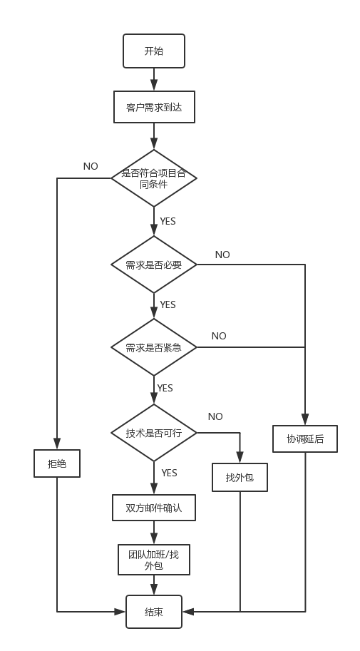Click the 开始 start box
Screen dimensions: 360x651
click(154, 51)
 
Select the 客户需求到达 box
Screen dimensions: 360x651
click(154, 107)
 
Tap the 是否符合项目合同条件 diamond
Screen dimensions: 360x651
click(154, 178)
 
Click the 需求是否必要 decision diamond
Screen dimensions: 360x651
click(154, 265)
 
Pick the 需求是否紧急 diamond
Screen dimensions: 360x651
click(154, 347)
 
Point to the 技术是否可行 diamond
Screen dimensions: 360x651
click(154, 433)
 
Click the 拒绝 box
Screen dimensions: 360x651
click(57, 463)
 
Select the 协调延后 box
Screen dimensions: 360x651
click(305, 439)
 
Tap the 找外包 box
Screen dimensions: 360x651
click(240, 478)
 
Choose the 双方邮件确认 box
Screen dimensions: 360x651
click(154, 508)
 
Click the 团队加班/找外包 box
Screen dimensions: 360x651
click(154, 560)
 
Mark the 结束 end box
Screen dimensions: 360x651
click(154, 612)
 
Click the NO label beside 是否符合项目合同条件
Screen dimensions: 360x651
click(91, 166)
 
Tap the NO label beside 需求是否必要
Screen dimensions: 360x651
click(222, 255)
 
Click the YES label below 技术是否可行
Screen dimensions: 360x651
click(169, 473)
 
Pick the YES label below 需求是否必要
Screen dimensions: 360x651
click(168, 304)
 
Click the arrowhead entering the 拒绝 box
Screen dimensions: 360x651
click(57, 444)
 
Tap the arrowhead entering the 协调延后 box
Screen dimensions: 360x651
click(305, 419)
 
